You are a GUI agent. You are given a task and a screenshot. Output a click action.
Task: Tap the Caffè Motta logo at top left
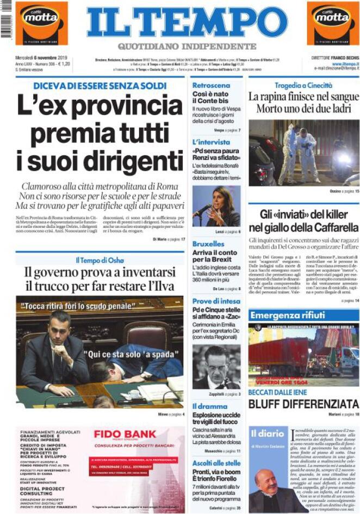pos(41,23)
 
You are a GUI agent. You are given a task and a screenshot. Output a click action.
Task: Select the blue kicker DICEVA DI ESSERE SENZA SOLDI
pos(100,86)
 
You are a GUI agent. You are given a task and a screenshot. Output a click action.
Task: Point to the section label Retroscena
pos(211,85)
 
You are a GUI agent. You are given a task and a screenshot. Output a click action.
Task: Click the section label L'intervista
pos(211,142)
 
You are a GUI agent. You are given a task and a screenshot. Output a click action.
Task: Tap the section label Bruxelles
pos(208,244)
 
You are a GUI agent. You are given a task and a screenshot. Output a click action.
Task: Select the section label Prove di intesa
pos(216,300)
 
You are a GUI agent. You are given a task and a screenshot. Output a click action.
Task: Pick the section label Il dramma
pos(209,406)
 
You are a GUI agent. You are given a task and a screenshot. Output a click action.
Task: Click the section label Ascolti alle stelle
pos(216,463)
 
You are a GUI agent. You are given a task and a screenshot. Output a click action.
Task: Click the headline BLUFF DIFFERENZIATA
pos(303,404)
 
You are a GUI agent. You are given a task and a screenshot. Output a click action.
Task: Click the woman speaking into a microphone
pos(216,207)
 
